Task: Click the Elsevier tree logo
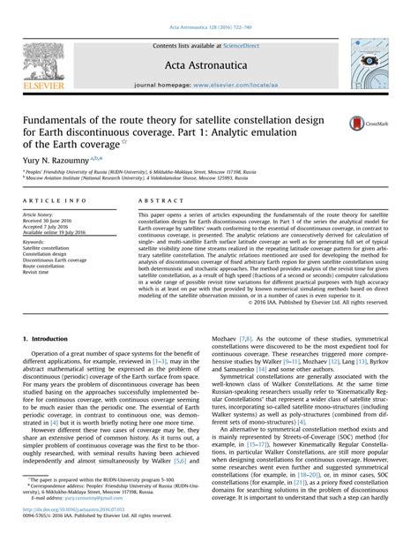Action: pos(31,62)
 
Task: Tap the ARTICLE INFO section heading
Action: pos(55,203)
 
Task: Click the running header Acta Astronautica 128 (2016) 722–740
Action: pos(209,8)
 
